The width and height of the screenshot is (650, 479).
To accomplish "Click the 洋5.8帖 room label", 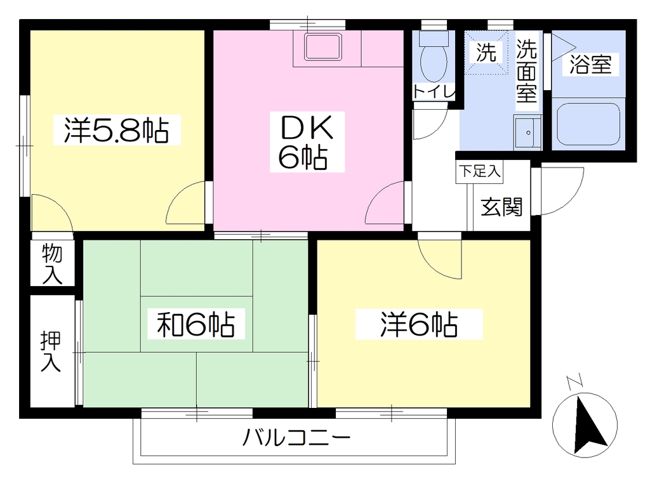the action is point(117,130).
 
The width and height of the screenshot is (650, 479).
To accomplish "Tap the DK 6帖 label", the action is point(307,142).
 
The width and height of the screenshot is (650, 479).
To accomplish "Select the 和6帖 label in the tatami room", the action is point(196,324).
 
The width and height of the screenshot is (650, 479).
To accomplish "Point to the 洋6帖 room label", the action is point(419,324).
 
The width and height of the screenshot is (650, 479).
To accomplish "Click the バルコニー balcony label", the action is point(296,438).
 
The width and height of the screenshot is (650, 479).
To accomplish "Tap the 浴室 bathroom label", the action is point(590,64).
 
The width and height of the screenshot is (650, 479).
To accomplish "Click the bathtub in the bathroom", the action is point(588,123).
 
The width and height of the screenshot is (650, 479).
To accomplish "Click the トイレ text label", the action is point(434,91).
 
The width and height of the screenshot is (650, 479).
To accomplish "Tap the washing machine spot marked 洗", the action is point(486,52).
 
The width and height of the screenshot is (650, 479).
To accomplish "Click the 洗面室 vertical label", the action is point(526,71).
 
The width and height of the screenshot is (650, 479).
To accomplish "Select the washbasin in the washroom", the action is point(527,132).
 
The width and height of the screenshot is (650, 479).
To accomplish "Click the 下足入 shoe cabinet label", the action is point(480,171).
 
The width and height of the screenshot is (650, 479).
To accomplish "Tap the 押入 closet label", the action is point(51,351).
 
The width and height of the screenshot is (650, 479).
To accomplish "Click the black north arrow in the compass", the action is point(589,424).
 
